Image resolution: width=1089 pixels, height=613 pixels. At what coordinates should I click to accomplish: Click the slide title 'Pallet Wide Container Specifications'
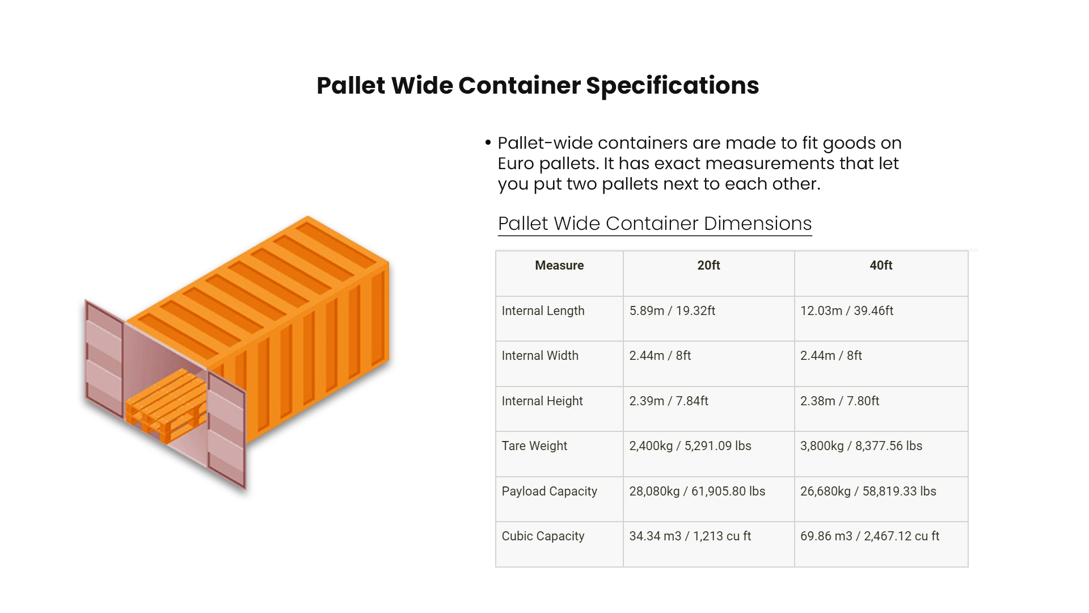537,86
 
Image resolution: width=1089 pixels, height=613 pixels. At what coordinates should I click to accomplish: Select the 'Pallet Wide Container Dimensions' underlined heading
655,224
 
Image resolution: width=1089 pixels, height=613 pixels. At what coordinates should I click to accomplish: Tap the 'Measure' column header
559,266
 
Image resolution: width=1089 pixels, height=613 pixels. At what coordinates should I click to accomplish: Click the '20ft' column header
708,266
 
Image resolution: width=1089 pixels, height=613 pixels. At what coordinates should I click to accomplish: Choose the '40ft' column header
881,266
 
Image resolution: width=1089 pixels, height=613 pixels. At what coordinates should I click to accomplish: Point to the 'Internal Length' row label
543,311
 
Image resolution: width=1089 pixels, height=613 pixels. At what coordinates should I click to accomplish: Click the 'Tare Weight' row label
534,446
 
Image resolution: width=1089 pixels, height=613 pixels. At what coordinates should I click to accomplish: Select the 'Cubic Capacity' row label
543,536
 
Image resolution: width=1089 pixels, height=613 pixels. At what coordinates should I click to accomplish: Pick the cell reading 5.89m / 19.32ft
672,311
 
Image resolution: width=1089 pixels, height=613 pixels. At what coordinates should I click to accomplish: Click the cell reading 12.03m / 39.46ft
846,311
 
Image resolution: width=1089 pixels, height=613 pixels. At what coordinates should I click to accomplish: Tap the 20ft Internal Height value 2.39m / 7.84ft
669,401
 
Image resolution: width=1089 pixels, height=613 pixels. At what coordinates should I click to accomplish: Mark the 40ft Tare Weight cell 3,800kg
861,446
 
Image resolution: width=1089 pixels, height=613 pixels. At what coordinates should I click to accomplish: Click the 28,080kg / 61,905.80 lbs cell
697,492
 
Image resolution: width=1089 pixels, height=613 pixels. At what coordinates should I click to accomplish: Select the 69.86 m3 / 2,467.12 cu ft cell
869,536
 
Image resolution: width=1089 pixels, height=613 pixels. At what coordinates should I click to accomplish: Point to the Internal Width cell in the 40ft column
831,356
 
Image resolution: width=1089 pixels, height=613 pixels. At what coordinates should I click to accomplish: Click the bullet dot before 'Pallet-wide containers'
488,142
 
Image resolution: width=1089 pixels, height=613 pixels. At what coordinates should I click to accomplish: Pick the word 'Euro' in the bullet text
516,163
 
